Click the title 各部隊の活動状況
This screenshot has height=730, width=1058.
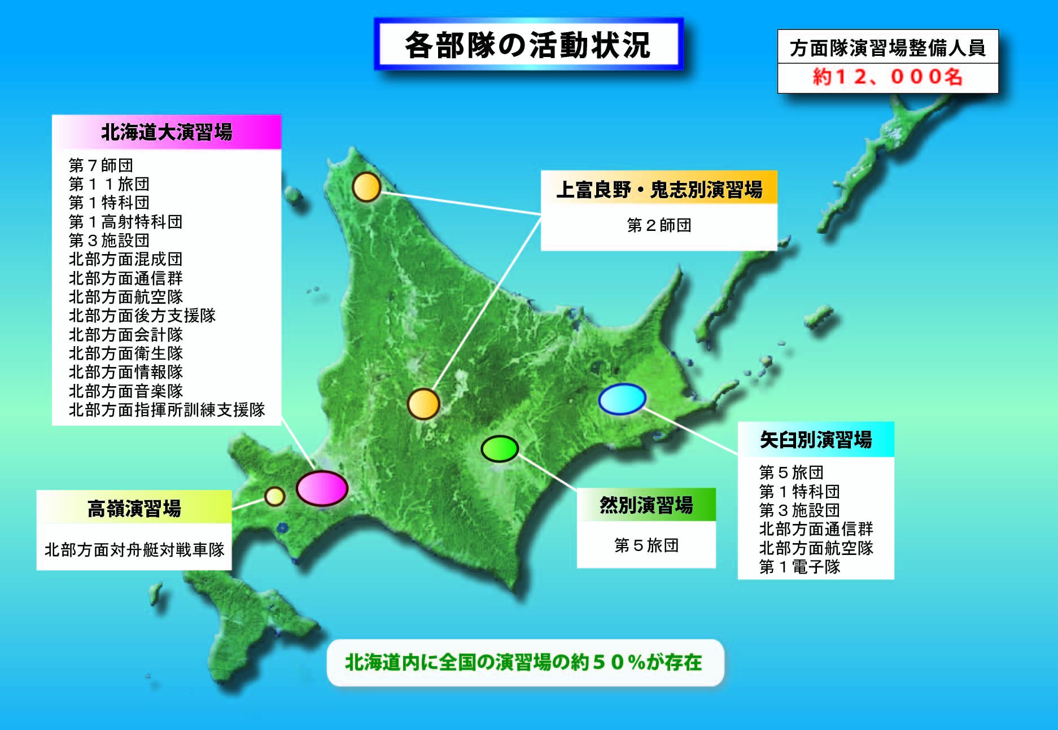[528, 45]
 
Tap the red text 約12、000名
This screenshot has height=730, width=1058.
[888, 77]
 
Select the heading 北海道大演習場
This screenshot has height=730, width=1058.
[167, 132]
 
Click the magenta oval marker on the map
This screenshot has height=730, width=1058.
[322, 488]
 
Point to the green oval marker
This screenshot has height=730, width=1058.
[500, 449]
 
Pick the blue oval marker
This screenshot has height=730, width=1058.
[622, 399]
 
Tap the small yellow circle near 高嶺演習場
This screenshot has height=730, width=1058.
[275, 496]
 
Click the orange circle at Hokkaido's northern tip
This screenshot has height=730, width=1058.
[366, 187]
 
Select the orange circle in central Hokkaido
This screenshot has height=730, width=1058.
[423, 404]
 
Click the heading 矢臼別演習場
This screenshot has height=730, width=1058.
[816, 440]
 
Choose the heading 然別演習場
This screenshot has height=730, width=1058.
[646, 505]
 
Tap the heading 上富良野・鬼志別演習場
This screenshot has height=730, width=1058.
[659, 189]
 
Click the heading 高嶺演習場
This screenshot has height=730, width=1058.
[134, 508]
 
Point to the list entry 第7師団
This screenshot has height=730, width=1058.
[101, 165]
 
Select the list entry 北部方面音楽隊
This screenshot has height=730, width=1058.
[126, 391]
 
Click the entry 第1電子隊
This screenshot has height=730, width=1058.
[799, 567]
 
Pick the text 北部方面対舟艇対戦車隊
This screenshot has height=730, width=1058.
[134, 549]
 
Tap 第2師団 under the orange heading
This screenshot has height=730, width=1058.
[659, 225]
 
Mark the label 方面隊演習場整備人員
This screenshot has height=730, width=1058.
[888, 48]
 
